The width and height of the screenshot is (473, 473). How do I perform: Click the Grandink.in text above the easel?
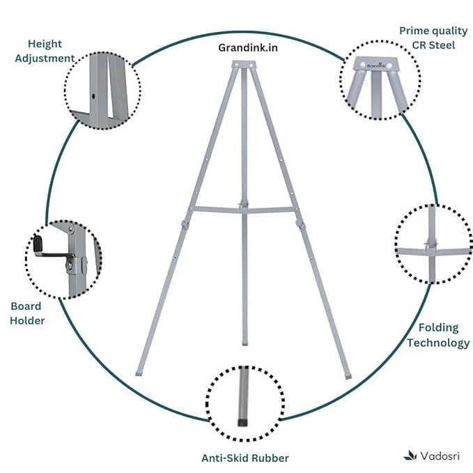click(248, 47)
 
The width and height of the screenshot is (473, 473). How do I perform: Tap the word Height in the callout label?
click(45, 44)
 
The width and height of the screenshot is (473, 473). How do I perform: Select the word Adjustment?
click(45, 59)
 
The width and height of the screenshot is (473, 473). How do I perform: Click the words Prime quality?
click(433, 31)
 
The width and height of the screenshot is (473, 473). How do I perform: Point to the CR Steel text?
click(433, 45)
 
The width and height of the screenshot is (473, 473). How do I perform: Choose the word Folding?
click(438, 328)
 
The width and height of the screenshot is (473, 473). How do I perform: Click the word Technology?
click(438, 343)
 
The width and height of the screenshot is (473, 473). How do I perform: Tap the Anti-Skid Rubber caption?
click(245, 458)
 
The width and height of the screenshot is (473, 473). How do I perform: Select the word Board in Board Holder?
click(26, 307)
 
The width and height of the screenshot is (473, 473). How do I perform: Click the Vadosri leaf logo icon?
click(410, 456)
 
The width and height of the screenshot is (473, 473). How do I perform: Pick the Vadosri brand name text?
click(440, 456)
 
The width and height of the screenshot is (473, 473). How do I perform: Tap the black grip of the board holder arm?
click(38, 244)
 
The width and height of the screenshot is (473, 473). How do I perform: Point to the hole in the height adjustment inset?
click(93, 96)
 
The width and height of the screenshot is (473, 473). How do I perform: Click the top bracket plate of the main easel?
click(244, 65)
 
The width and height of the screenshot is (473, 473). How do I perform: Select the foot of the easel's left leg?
click(139, 373)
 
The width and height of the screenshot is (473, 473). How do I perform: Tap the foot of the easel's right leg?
click(348, 376)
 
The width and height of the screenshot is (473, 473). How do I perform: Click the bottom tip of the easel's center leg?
click(245, 343)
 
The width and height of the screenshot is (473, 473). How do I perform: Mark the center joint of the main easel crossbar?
click(244, 206)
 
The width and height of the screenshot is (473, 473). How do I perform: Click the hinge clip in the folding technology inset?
click(430, 244)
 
